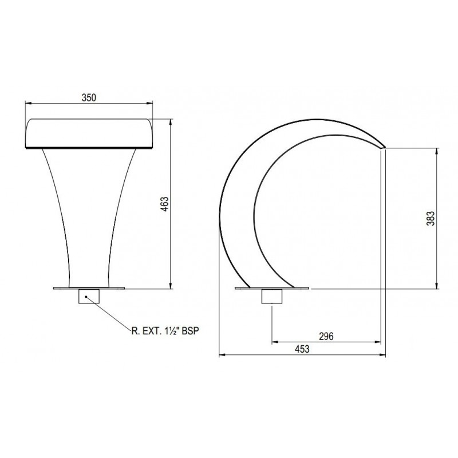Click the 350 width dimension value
(x=89, y=97)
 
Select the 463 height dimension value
(x=165, y=204)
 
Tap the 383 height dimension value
(x=431, y=218)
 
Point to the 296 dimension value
(x=326, y=337)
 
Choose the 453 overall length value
(x=302, y=349)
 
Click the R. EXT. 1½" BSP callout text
(x=165, y=331)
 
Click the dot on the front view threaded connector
(x=86, y=297)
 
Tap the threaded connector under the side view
(x=272, y=296)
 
